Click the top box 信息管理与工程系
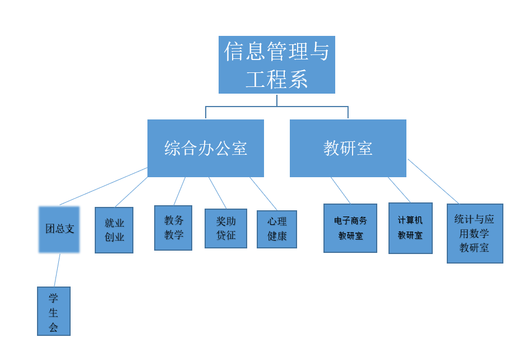click(x=276, y=64)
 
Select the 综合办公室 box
click(x=205, y=148)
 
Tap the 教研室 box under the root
click(x=348, y=148)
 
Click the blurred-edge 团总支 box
click(x=59, y=229)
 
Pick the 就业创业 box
click(x=114, y=230)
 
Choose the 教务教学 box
click(x=173, y=228)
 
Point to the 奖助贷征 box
click(x=225, y=228)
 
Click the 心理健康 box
click(x=276, y=229)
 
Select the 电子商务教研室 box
click(x=350, y=228)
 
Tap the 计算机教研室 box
click(x=410, y=228)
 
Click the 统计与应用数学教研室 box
click(x=475, y=233)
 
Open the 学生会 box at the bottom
click(x=54, y=311)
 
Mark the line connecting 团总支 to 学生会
click(x=57, y=270)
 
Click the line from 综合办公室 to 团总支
click(x=104, y=186)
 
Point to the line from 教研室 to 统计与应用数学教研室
click(x=433, y=181)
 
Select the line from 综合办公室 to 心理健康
click(x=263, y=193)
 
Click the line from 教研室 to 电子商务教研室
click(x=341, y=191)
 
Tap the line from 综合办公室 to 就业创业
click(x=132, y=192)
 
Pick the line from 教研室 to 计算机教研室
click(x=399, y=190)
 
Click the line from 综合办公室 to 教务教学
click(x=179, y=191)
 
